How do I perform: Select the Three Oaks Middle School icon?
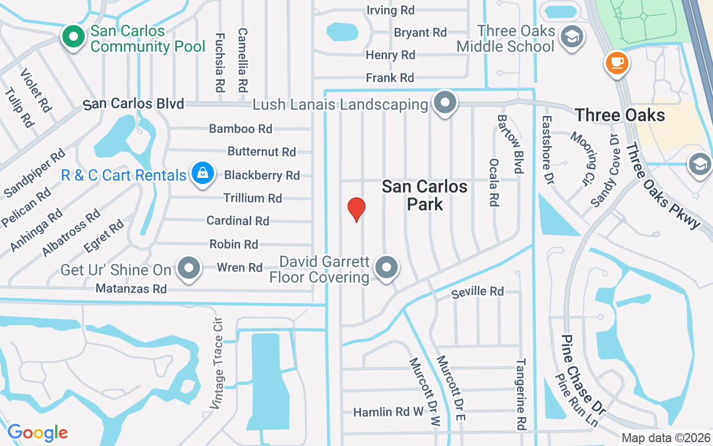pos(572,36)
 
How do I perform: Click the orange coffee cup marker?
pos(617,62)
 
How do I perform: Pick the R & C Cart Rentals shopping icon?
pos(203,174)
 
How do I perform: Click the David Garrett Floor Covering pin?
pos(387,268)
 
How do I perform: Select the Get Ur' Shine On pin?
pos(189,269)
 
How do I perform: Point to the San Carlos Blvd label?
pos(133,104)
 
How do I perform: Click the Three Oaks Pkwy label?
pos(662,185)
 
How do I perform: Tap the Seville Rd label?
pos(477,291)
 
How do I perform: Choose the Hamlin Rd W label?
pos(389,412)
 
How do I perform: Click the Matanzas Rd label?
pos(131,289)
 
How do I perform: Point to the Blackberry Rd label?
pos(262,175)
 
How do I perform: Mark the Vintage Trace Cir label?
pos(218,363)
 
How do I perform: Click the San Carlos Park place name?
pos(424,195)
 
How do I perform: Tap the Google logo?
pos(37,433)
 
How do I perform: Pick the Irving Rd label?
pos(390,10)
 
